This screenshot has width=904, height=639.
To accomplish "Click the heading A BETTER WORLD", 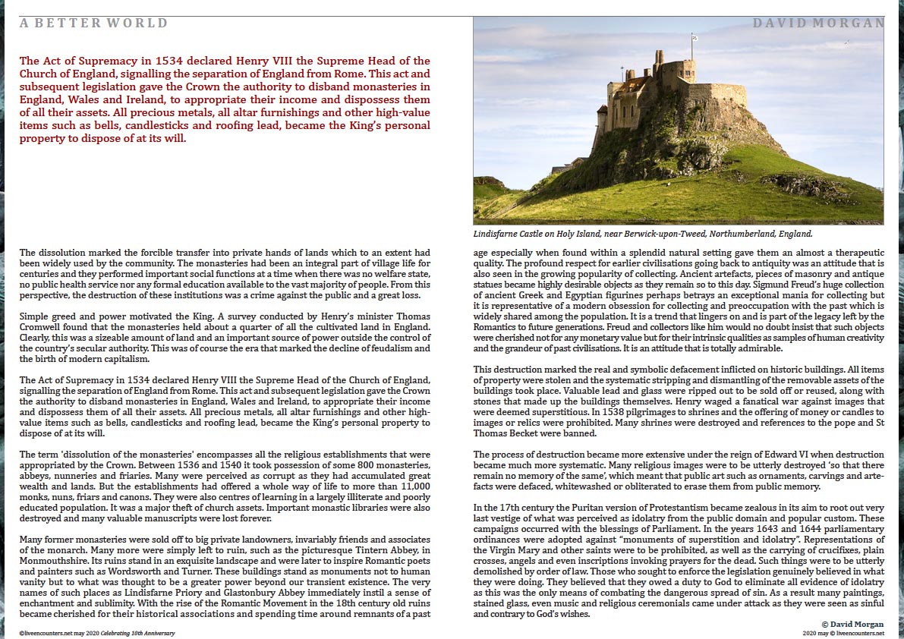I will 94,24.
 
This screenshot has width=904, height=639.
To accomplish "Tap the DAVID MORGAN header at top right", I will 818,24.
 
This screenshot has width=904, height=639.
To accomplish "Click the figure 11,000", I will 414,486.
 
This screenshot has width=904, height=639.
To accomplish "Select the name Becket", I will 526,433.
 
